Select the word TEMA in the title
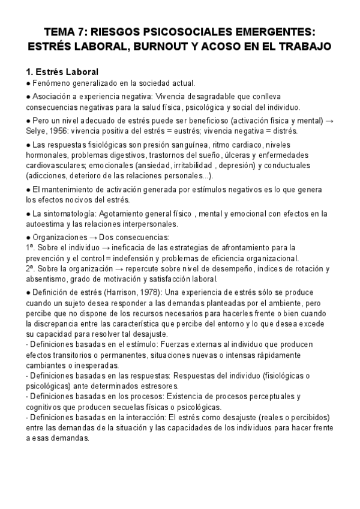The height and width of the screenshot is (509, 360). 62,30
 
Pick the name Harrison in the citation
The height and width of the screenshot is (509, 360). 125,292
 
